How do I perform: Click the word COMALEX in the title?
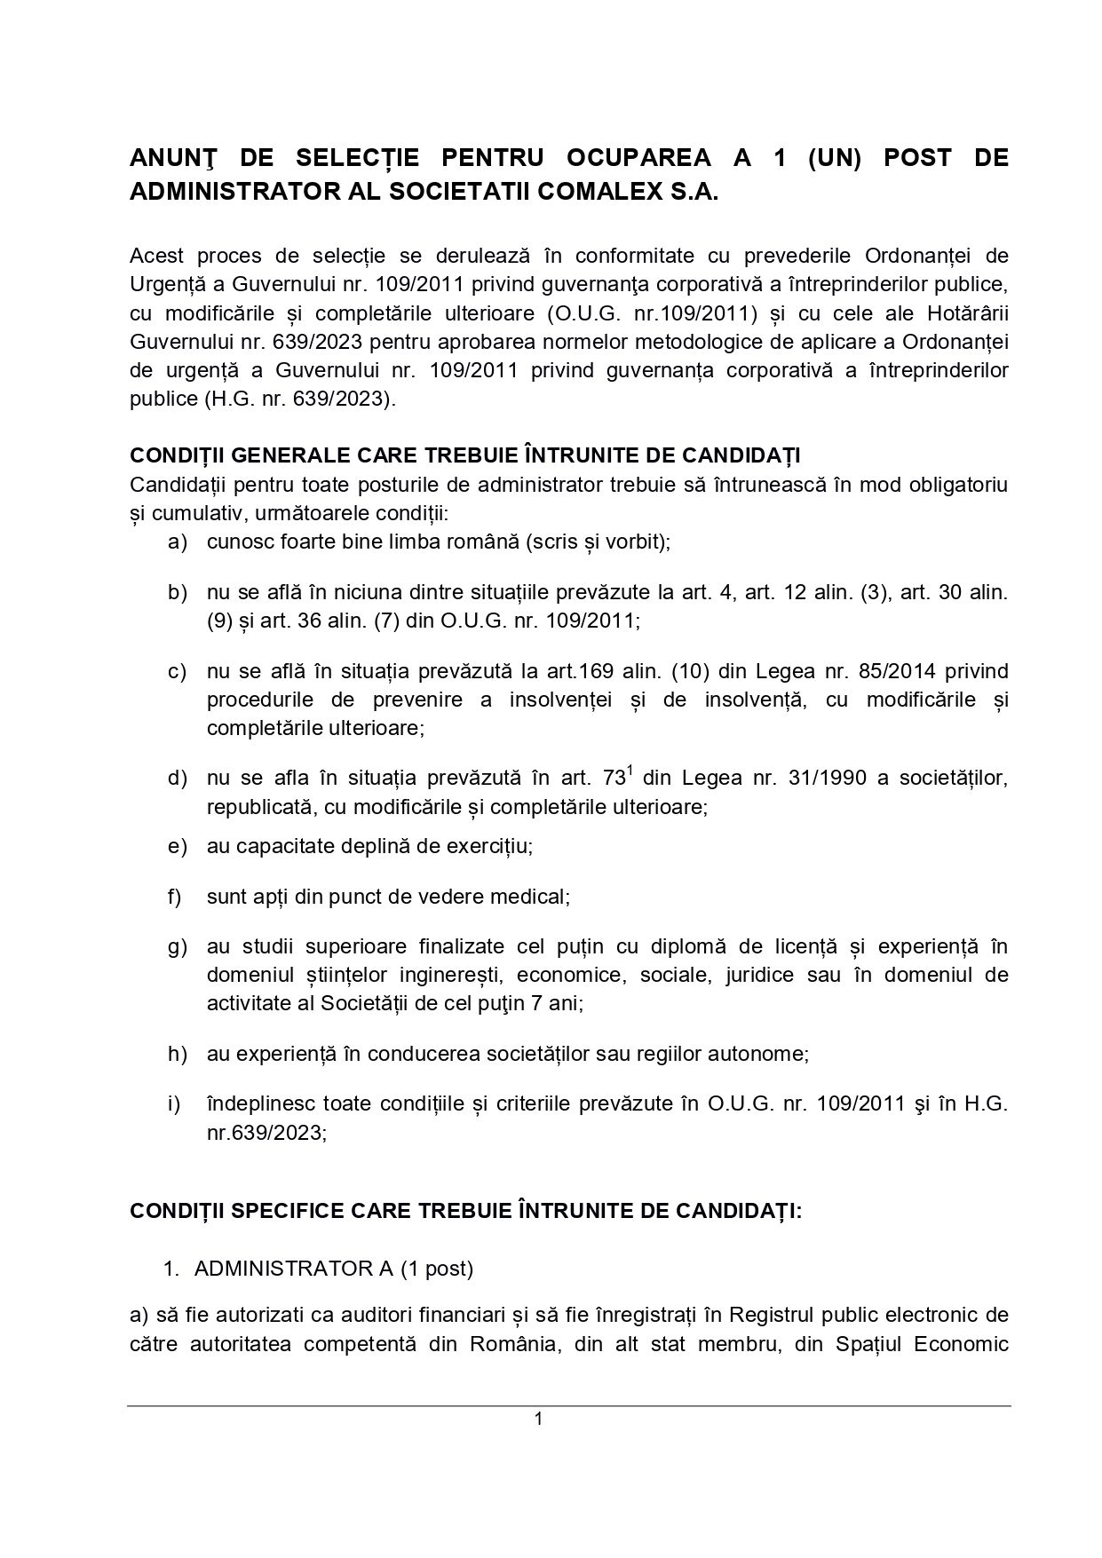[578, 194]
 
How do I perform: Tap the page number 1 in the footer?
[538, 1419]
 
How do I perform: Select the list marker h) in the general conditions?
[177, 1054]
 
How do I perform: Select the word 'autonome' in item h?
[770, 1054]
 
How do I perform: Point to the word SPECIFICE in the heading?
[294, 1212]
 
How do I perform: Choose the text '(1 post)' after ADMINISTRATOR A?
[436, 1269]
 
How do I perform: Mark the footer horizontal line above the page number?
[568, 1405]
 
